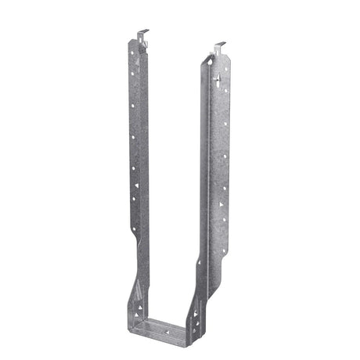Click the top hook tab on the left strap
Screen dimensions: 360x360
[x=139, y=34]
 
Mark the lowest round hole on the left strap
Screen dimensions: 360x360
[x=139, y=227]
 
